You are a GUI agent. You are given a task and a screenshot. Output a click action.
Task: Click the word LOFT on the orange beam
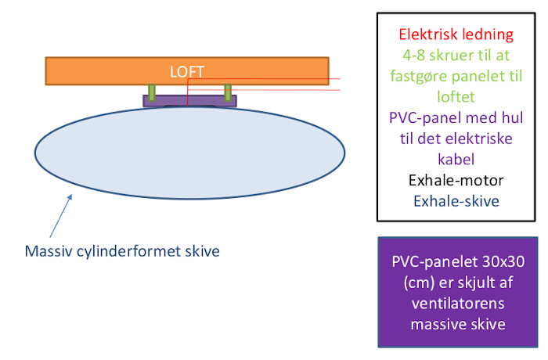coord(186,72)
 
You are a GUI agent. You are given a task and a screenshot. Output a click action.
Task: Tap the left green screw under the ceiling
coord(152,92)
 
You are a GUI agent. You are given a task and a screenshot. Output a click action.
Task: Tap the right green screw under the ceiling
coord(228,92)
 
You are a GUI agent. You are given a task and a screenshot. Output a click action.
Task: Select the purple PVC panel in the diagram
coord(189,101)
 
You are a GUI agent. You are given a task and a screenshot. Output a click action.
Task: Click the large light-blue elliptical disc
coord(189,153)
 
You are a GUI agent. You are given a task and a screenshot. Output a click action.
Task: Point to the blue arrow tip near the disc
coord(72,195)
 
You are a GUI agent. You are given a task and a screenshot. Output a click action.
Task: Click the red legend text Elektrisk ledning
coord(456,35)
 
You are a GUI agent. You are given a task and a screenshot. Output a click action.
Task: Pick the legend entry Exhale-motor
coord(456,180)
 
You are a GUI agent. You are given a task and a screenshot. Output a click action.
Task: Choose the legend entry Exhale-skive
coord(456,201)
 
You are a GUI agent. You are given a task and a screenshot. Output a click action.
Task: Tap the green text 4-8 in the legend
coord(413,56)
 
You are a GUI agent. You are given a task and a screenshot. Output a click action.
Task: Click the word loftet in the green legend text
coord(456,97)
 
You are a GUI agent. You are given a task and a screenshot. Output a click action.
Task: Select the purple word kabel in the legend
coord(456,160)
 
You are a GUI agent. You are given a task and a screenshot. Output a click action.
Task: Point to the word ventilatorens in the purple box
coord(458,304)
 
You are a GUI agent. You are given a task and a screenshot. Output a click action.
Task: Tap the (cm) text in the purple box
coord(419,283)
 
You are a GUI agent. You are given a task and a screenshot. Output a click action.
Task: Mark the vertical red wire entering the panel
coord(188,92)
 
